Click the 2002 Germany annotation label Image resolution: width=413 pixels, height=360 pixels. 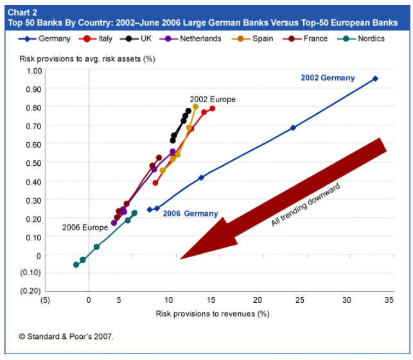pos(327,78)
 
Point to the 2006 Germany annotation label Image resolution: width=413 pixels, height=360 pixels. pos(190,214)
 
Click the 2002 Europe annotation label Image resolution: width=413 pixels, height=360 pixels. pos(213,100)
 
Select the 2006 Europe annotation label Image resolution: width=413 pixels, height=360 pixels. pos(85,228)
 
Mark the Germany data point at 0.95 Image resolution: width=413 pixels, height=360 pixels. pos(375,79)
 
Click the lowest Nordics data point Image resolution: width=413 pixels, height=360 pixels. pos(76,264)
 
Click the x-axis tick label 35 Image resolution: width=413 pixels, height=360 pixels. pos(389,300)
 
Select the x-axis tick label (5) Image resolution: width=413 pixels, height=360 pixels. pos(44,300)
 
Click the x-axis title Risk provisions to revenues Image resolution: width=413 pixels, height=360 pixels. pos(211,314)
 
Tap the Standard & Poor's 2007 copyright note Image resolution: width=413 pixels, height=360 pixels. pos(66,336)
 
